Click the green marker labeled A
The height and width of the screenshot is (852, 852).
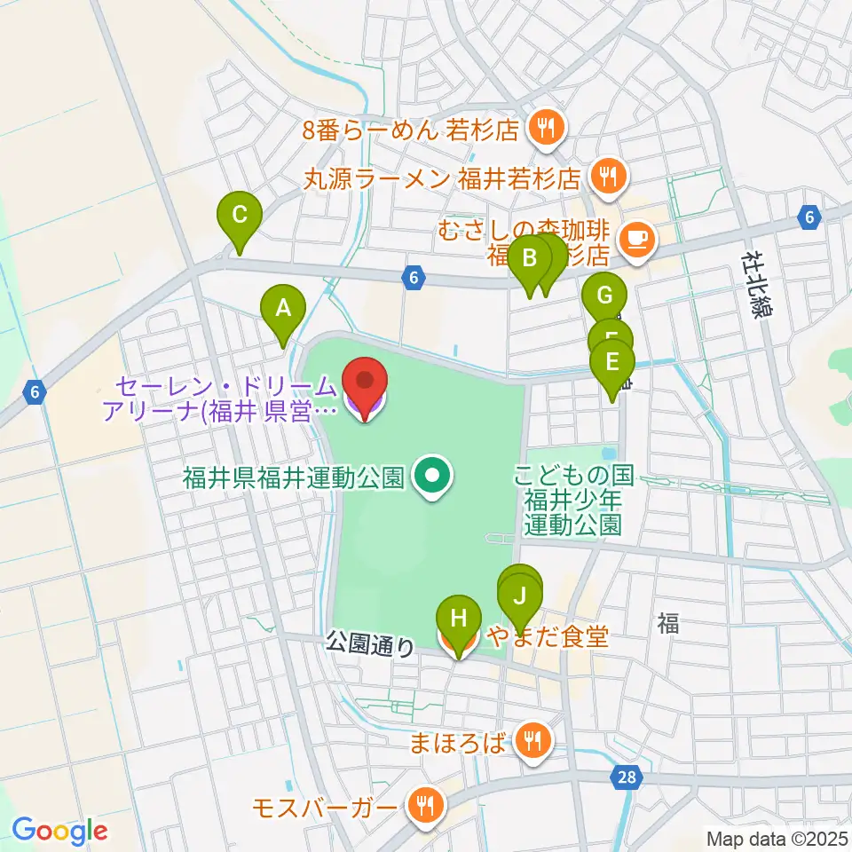283,310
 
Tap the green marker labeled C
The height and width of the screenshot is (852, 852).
240,215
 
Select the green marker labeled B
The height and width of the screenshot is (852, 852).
530,260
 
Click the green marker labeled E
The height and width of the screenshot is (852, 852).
611,363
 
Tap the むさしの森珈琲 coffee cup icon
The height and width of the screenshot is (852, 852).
635,237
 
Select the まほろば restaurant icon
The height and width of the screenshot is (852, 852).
533,738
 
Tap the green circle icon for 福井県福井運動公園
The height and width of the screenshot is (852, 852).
432,478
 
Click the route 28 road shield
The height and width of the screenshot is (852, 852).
627,778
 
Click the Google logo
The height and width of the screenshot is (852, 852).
59,831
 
